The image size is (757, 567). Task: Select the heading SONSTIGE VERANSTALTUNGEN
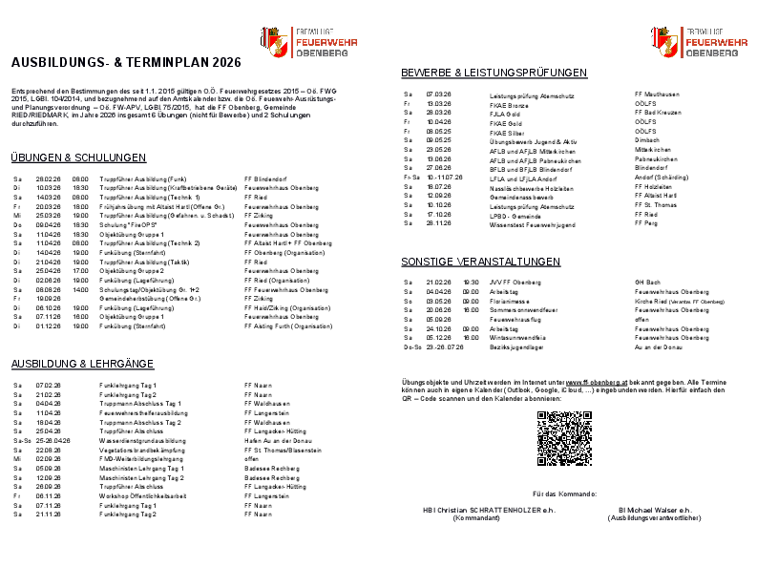[480, 262]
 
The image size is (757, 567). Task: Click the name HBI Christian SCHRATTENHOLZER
[473, 510]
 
